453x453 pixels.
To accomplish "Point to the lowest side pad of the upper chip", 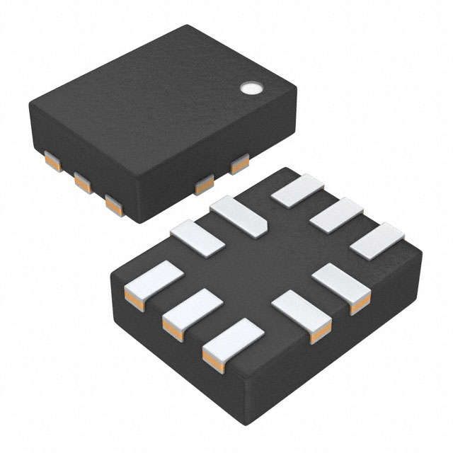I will (x=114, y=205).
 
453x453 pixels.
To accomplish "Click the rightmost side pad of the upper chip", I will (x=240, y=164).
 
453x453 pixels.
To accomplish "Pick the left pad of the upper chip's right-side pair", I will (x=205, y=185).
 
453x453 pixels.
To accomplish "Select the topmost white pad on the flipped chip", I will (x=297, y=190).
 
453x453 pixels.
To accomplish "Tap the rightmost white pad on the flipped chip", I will (x=377, y=241).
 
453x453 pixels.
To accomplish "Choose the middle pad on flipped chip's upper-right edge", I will (x=336, y=214).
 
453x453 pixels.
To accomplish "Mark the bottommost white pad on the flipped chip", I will (x=233, y=340).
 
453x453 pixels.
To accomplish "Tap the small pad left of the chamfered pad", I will (x=197, y=238).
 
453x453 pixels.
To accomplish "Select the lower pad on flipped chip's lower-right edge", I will (x=302, y=311).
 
